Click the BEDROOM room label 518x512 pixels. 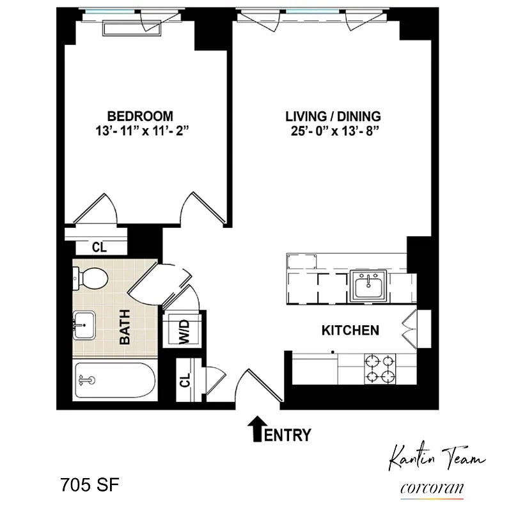point(140,116)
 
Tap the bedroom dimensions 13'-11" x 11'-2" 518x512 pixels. point(140,132)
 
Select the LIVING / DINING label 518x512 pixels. point(333,116)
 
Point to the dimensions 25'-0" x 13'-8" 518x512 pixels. point(333,132)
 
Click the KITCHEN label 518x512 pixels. point(350,330)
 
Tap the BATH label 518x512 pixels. point(125,327)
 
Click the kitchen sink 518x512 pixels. point(370,285)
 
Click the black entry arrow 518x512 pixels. point(256,428)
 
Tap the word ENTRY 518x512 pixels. point(288,435)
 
